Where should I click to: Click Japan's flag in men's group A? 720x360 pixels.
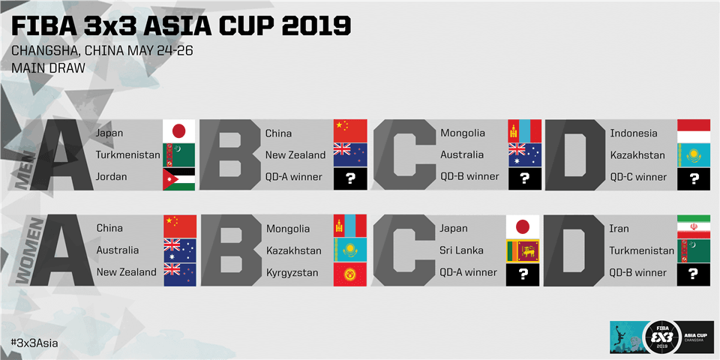coord(178,130)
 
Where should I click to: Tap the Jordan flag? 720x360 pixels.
coord(178,179)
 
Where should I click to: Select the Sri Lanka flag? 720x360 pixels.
coord(523,250)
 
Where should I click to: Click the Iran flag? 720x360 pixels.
coord(693,226)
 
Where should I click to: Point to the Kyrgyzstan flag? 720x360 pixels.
coord(350,274)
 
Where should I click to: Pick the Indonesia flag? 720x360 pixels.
coord(693,130)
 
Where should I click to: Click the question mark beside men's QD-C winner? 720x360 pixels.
coord(693,179)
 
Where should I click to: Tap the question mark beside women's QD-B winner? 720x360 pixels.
coord(693,274)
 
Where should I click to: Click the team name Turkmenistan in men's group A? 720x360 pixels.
coord(128,155)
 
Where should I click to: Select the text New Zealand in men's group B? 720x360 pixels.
coord(295,155)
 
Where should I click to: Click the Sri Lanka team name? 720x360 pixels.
coord(461,250)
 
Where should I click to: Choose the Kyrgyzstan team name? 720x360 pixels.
coord(292,273)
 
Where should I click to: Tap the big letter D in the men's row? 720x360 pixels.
coord(575,154)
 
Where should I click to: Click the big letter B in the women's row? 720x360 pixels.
coord(232,250)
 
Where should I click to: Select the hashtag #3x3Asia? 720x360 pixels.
coord(34,343)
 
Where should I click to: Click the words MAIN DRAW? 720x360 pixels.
coord(48,68)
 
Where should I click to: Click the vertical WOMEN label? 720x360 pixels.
coord(31,250)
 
